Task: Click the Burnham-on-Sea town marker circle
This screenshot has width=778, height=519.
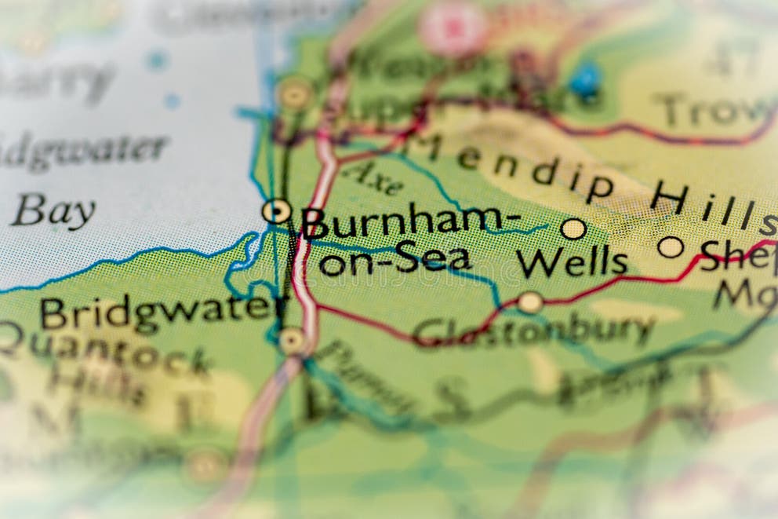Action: point(276,210)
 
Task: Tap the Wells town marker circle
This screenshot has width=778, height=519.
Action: point(573,228)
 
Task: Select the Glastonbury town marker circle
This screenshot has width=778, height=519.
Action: point(531,302)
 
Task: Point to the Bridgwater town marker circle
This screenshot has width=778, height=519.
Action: point(293,340)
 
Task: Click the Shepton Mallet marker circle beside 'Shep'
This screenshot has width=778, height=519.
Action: point(671,247)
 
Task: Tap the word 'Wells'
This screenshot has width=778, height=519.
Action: point(572,263)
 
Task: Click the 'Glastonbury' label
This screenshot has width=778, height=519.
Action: point(533,331)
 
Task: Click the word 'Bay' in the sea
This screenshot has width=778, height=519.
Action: point(53,211)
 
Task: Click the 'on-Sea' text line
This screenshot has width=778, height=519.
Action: point(395,260)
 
